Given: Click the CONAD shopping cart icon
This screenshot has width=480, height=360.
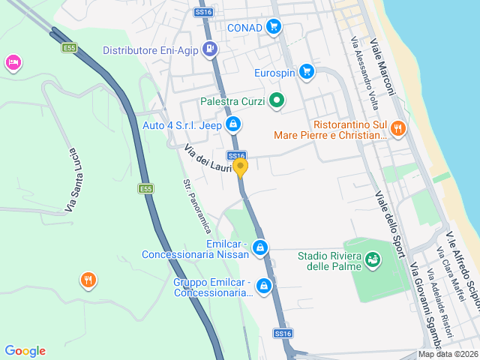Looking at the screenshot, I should [x=274, y=28].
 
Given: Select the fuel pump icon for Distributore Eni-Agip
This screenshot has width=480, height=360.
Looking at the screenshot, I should [x=210, y=50].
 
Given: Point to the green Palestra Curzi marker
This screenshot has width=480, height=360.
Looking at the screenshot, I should [x=277, y=100].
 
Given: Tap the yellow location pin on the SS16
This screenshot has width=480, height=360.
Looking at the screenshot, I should [x=240, y=166].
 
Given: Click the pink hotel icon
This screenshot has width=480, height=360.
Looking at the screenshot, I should [x=13, y=63].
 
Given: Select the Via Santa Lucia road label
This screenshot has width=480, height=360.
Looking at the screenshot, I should [x=72, y=179].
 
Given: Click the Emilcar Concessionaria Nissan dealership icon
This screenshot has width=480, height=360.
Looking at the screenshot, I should [x=260, y=247].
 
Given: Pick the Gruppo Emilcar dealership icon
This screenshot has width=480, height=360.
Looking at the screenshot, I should [x=264, y=286].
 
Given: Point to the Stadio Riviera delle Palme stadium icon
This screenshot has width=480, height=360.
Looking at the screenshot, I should [x=373, y=260].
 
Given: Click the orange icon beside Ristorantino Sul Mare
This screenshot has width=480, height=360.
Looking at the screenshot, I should [x=397, y=128].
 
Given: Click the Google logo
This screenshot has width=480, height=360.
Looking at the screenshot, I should [x=25, y=351].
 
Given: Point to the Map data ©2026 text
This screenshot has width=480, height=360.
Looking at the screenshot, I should [x=447, y=354].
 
